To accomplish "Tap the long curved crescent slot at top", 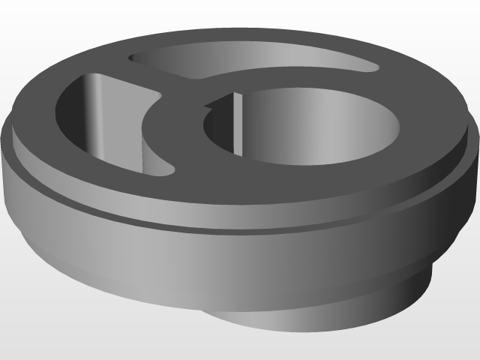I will pos(247,64).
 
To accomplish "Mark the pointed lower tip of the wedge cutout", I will pos(169,171).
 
